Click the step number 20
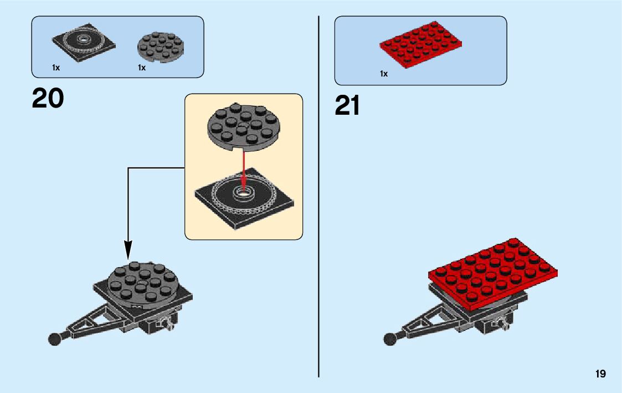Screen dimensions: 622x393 tap(48, 99)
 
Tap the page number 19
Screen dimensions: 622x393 tap(600, 374)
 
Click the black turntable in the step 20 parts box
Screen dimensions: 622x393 tap(84, 42)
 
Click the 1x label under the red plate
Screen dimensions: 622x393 tap(384, 73)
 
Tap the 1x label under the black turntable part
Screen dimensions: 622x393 tap(56, 68)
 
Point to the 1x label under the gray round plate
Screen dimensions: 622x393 tap(142, 68)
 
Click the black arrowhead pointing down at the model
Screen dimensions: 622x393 tap(128, 251)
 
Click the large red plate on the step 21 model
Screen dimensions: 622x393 tap(493, 272)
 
